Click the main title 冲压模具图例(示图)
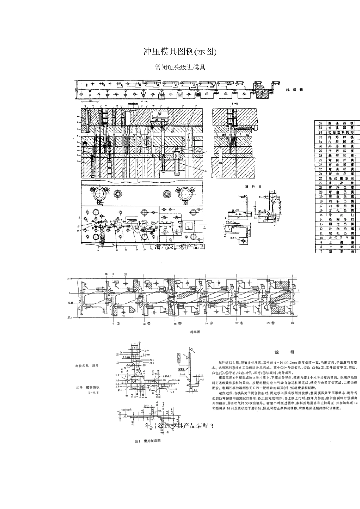[180, 52]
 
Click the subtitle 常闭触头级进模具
[180, 68]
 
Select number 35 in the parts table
[320, 123]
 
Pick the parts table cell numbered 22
[320, 183]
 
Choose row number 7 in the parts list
[320, 251]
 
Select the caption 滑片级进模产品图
[180, 247]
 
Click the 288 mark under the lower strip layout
[292, 324]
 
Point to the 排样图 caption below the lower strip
[195, 332]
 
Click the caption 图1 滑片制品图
[148, 441]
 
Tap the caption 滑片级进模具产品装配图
[180, 426]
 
